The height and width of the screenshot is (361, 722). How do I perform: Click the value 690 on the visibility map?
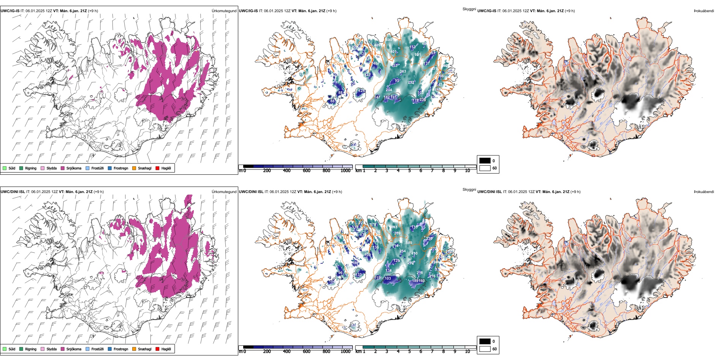point(389,40)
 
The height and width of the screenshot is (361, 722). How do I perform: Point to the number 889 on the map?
point(409,243)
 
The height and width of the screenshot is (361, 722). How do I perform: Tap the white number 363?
point(403,71)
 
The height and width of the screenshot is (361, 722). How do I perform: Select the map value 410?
point(414,253)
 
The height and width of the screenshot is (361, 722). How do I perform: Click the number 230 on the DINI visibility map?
point(429,239)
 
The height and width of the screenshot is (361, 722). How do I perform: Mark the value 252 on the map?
point(411,82)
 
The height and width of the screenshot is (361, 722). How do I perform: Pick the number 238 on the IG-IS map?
point(423,100)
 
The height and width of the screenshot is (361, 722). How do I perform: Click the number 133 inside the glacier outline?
point(358,275)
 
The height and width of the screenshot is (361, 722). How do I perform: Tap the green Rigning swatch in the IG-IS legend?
point(21,168)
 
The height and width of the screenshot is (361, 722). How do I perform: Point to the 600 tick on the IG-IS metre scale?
point(307,171)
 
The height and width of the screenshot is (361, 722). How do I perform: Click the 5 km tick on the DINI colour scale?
point(409,351)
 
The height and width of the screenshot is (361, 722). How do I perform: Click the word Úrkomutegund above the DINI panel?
point(224,192)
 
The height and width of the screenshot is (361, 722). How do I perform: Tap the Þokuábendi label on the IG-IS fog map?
point(704,11)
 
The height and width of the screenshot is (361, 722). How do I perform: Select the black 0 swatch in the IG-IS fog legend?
point(485,161)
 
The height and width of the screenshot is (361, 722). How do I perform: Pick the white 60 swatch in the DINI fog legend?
point(485,349)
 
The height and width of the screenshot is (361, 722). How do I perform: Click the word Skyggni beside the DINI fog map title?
point(469,190)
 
